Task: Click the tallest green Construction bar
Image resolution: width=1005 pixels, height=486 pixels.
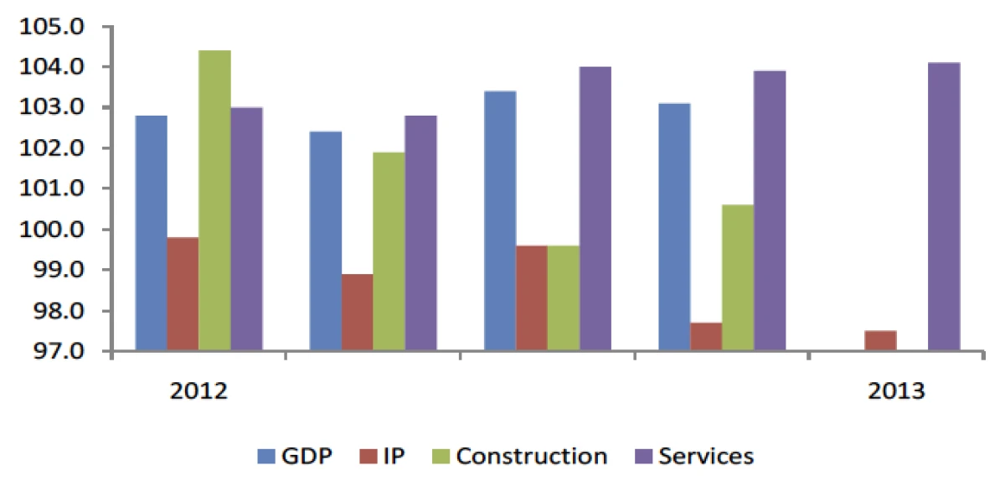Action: tap(215, 201)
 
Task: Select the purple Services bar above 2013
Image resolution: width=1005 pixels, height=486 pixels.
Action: tap(944, 207)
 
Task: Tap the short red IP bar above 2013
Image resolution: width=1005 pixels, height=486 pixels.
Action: tap(880, 341)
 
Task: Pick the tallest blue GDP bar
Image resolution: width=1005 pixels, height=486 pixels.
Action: tap(500, 221)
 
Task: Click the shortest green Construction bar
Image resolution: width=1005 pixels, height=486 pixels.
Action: tap(563, 298)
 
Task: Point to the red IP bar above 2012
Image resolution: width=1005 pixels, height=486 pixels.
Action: tap(183, 294)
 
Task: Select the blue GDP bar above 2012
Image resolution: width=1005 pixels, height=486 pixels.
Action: tap(152, 233)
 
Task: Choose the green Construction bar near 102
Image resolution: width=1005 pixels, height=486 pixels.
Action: tap(389, 251)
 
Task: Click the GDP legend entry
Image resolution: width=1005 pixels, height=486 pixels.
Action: tap(295, 457)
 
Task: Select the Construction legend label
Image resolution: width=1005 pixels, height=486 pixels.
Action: tap(533, 457)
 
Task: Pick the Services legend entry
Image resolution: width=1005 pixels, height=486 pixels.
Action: tap(706, 457)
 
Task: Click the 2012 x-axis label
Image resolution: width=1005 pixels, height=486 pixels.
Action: tap(198, 391)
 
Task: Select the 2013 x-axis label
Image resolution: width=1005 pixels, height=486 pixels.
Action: tap(896, 391)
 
